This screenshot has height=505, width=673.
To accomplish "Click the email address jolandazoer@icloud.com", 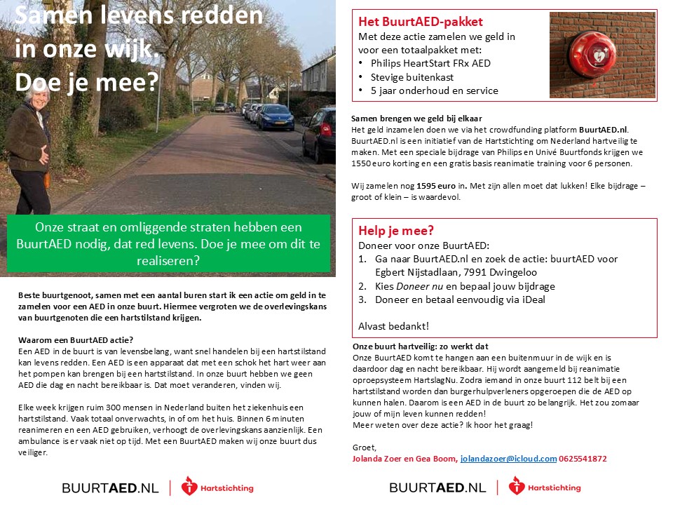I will [x=508, y=459].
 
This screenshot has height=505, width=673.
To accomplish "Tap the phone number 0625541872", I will [x=584, y=459].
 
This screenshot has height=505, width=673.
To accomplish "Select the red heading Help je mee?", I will [x=396, y=231].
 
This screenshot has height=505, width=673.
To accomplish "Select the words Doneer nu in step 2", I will [x=419, y=286].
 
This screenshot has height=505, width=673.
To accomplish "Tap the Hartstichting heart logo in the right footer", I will [x=517, y=487].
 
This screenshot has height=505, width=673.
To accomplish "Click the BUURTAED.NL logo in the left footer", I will [x=111, y=487].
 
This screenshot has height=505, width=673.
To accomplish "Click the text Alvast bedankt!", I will [x=393, y=326].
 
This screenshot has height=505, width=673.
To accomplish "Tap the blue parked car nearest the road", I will [x=276, y=118].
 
